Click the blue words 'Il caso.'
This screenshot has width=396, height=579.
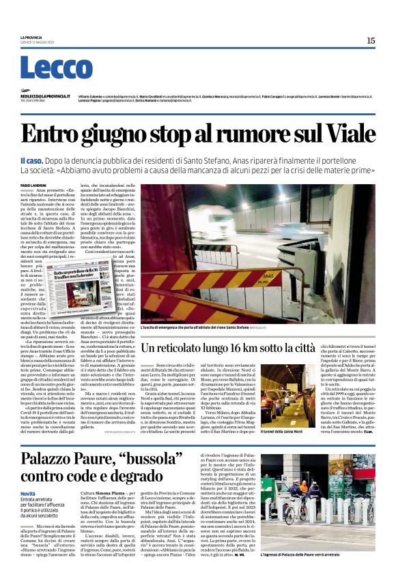point(31,160)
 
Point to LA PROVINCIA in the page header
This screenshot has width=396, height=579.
point(31,38)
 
